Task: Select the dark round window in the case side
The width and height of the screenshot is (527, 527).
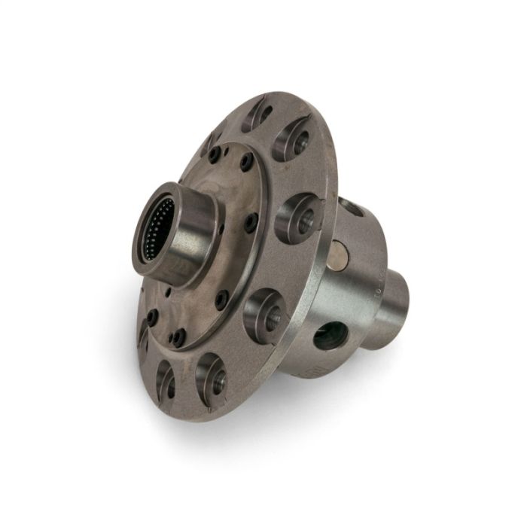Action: (x=331, y=334)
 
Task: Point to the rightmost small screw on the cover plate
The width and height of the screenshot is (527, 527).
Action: (x=251, y=220)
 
